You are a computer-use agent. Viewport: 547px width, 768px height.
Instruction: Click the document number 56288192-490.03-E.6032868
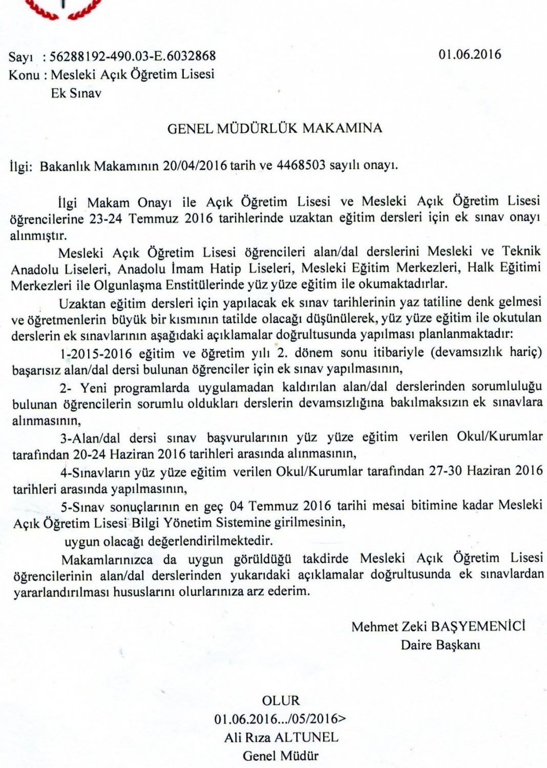click(133, 55)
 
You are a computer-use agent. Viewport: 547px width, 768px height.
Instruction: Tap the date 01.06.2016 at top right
click(470, 54)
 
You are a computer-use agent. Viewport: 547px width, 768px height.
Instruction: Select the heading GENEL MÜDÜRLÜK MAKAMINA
click(275, 129)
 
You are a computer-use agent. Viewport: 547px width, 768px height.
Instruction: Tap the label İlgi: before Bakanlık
click(21, 166)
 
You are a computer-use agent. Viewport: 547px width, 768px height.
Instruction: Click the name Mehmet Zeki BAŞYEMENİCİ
click(438, 626)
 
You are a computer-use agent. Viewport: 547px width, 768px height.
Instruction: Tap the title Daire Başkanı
click(440, 644)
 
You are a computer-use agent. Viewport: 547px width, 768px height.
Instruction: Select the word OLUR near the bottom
click(280, 700)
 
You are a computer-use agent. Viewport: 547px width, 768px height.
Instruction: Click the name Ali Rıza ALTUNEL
click(281, 737)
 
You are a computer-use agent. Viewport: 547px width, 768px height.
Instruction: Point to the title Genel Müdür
click(280, 755)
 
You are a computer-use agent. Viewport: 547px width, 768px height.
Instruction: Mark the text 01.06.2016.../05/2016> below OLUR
click(280, 719)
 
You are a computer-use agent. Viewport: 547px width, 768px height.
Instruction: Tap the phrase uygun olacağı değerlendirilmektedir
click(169, 541)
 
